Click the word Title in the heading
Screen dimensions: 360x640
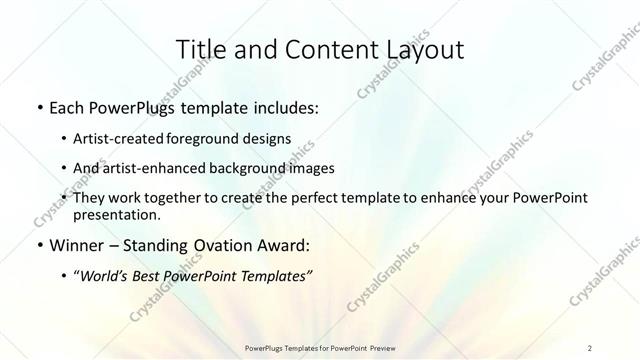click(x=201, y=49)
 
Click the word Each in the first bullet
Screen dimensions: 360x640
click(x=67, y=108)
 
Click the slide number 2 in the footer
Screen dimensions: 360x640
click(x=590, y=348)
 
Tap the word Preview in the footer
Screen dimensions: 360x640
click(x=378, y=348)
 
